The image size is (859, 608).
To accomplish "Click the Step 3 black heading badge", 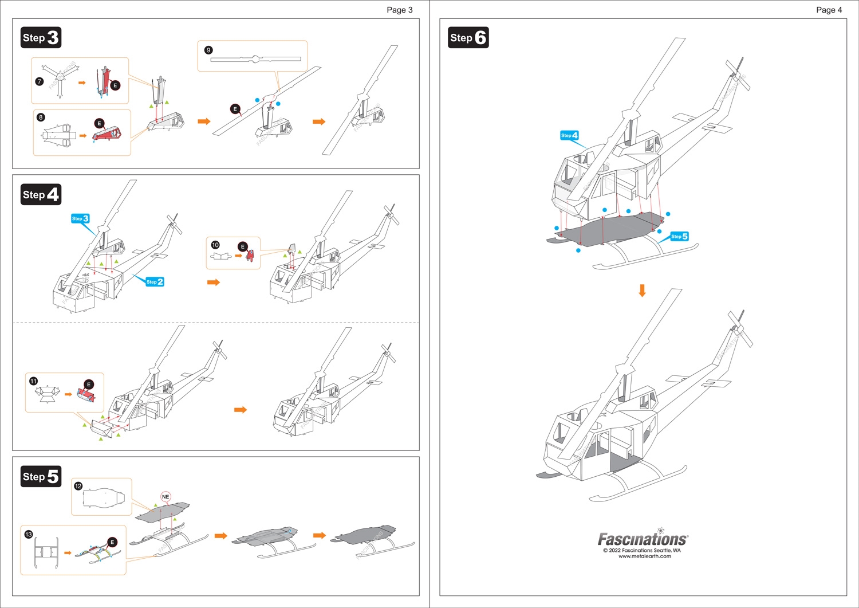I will point(41,38).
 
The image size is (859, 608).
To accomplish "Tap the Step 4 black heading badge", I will point(41,195).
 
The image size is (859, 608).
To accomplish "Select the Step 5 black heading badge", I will point(41,477).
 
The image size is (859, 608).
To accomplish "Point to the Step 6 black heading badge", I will point(468,38).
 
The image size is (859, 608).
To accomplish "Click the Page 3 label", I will point(399,10).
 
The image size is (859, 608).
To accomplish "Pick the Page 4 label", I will point(829,10).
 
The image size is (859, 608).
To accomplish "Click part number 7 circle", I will point(40,81).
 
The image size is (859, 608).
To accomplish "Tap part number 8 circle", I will point(41,117).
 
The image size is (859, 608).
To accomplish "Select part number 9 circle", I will point(208,50).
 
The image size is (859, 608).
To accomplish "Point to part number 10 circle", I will point(215,245).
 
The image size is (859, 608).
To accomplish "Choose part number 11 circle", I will point(33,381).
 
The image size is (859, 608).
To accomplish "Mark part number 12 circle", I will point(78,486).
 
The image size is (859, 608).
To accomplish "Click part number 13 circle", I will point(29,534).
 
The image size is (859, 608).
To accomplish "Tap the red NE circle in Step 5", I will point(166,497).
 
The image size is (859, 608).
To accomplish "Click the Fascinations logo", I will point(643,539).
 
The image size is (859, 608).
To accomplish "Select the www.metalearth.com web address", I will point(644,556).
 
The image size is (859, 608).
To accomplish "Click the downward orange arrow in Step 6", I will point(643,291).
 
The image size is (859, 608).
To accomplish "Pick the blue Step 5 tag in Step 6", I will point(680,237).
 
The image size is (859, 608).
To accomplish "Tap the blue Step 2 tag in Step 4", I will point(155,282).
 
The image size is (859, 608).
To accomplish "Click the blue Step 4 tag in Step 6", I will point(569,135).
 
